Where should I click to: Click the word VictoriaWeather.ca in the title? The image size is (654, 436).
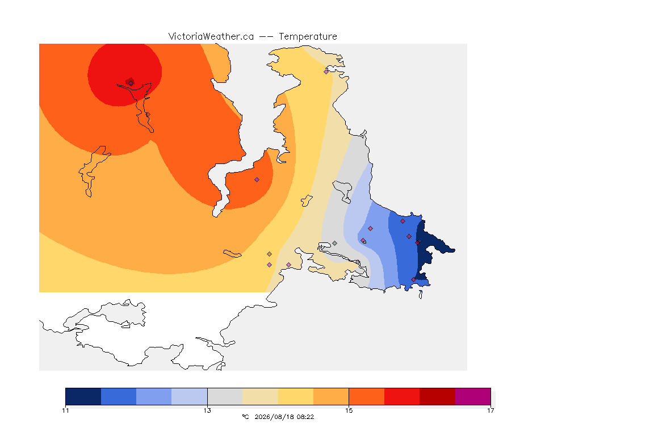211,37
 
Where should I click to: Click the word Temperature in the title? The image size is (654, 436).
308,37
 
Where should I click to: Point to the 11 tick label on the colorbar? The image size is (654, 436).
65,410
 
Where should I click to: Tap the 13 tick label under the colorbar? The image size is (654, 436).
207,410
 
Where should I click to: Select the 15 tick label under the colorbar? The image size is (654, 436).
349,410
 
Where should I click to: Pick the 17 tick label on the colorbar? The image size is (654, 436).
491,410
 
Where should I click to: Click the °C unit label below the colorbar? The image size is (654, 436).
245,417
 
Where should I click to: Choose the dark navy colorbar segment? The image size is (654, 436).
83,396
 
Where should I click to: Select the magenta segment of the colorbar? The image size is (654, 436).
473,396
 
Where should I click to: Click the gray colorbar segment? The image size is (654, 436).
225,396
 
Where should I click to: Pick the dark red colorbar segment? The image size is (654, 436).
438,396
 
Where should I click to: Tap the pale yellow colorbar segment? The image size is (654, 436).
296,396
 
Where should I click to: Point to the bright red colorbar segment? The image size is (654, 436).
402,396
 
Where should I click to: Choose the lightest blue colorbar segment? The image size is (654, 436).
190,396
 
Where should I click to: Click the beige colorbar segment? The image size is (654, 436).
260,396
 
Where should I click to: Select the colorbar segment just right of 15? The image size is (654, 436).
367,396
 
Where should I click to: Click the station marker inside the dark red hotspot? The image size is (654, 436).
131,83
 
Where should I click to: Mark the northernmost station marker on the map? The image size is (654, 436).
326,72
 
